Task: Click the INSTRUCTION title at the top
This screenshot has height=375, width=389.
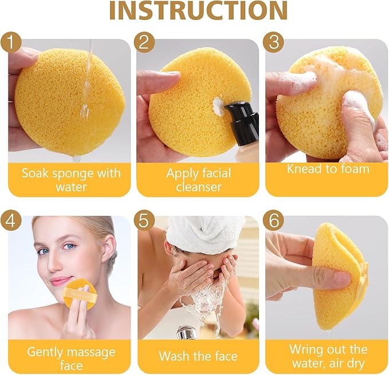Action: (198, 11)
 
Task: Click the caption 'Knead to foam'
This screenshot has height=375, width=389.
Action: (328, 169)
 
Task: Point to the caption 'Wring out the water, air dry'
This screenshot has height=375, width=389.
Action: (328, 356)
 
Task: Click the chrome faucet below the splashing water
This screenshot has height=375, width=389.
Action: (186, 331)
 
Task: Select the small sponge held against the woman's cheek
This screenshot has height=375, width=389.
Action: (80, 294)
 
